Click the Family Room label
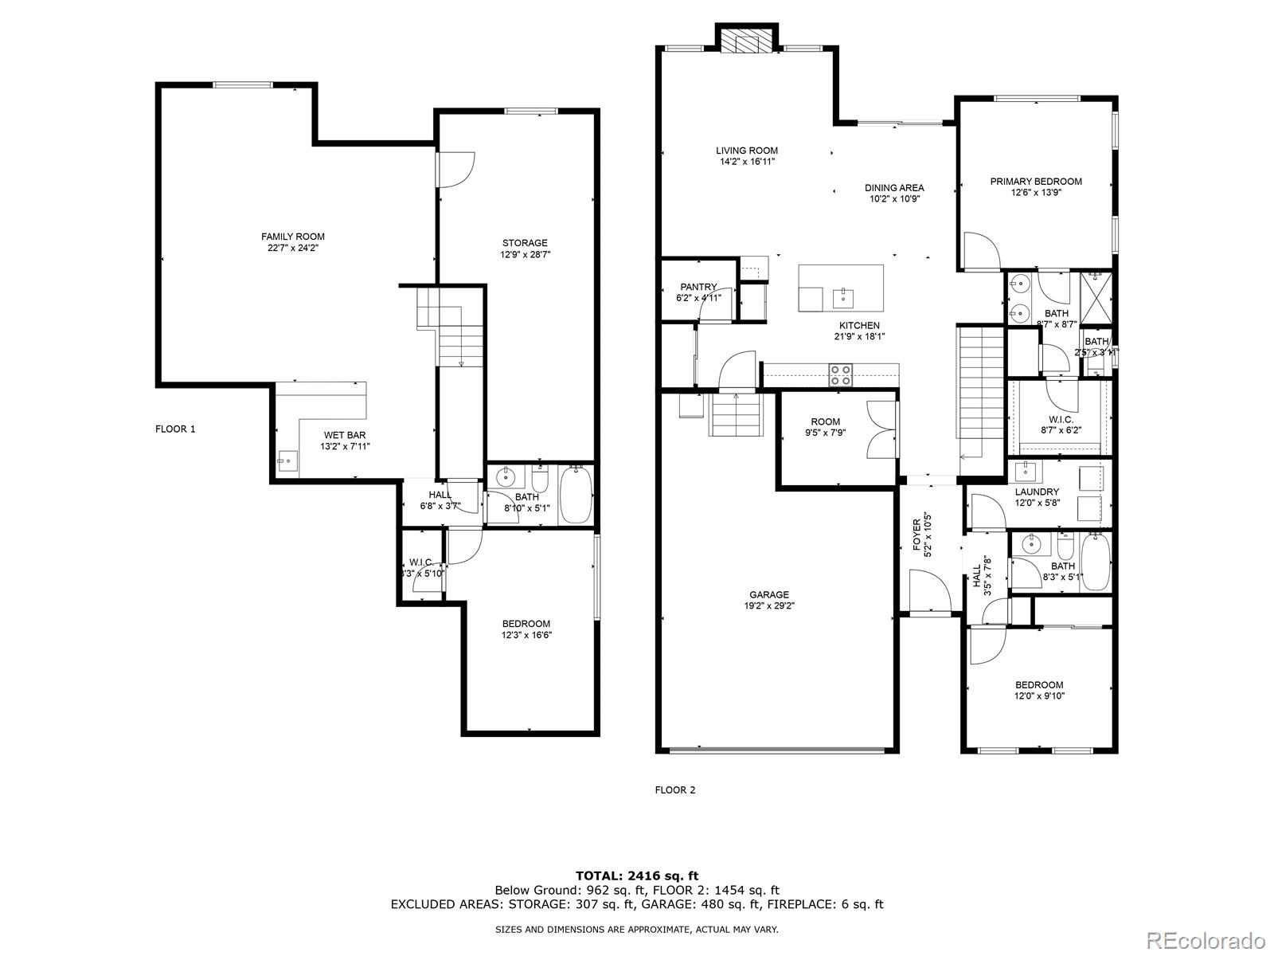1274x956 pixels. [293, 237]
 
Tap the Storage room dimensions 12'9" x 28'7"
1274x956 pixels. [525, 255]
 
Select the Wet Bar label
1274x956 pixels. [345, 435]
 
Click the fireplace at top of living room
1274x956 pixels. [747, 41]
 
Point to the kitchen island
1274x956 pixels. [841, 288]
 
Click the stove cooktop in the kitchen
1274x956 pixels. [841, 374]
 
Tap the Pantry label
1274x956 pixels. [698, 287]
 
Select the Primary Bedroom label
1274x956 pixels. [1036, 182]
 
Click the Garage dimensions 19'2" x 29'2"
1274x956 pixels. [769, 605]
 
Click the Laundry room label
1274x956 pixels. [1037, 492]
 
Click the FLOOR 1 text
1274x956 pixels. [175, 429]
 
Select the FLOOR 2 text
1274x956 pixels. [674, 790]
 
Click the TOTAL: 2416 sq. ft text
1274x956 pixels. [637, 876]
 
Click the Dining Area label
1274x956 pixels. [894, 188]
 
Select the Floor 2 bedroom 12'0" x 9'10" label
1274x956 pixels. [1039, 685]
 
